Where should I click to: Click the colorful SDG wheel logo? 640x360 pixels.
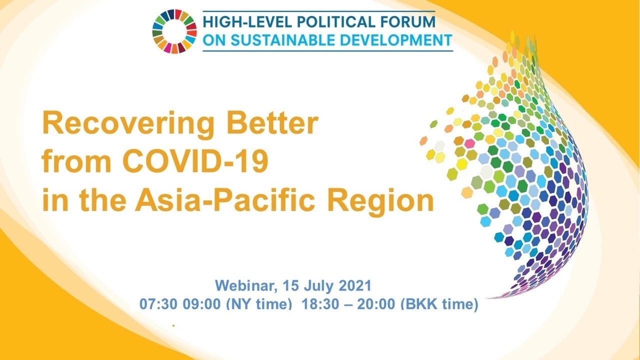tap(174, 31)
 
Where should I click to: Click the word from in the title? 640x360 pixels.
tap(76, 161)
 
